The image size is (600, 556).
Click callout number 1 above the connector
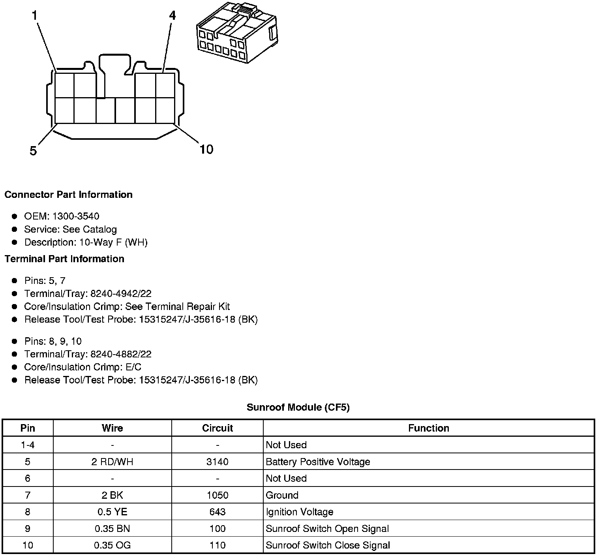(35, 15)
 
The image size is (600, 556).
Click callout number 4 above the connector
(172, 15)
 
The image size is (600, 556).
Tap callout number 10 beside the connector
(206, 149)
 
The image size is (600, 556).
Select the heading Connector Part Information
(69, 195)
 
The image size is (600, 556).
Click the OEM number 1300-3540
(76, 216)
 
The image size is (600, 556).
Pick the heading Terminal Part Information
(64, 259)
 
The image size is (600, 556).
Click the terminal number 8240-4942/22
(121, 294)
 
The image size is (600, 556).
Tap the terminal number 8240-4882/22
(121, 354)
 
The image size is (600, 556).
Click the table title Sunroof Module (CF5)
(298, 407)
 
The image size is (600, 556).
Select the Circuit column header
(217, 428)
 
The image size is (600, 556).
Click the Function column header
(429, 428)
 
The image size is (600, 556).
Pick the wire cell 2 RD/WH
(112, 462)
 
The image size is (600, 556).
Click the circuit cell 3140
(217, 462)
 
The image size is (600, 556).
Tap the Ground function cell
(282, 495)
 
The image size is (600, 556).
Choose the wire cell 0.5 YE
(112, 512)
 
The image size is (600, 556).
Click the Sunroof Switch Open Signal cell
(327, 529)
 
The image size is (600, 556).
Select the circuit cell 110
(217, 545)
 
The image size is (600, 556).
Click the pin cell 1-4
(28, 445)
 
